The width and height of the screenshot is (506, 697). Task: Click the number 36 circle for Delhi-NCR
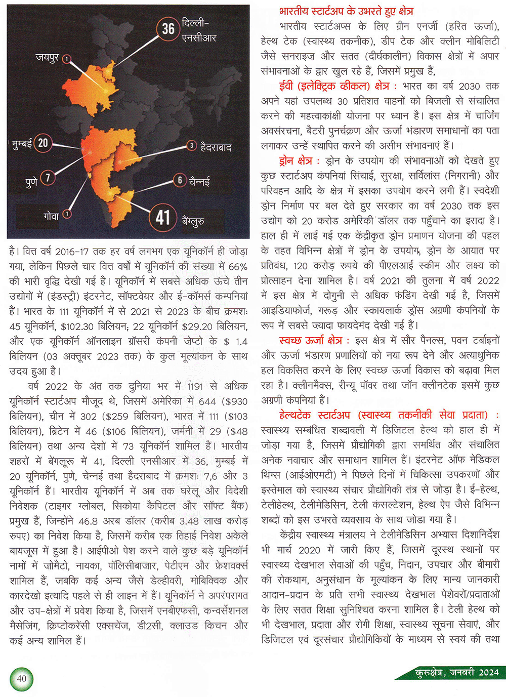pyautogui.click(x=168, y=29)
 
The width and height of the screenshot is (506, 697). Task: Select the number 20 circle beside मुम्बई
pyautogui.click(x=43, y=143)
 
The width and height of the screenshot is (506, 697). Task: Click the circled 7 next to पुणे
pyautogui.click(x=48, y=178)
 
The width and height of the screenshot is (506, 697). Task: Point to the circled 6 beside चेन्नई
pyautogui.click(x=180, y=180)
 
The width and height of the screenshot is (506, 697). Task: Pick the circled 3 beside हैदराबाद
pyautogui.click(x=191, y=146)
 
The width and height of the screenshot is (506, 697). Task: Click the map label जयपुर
pyautogui.click(x=47, y=58)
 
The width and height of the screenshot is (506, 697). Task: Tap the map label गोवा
pyautogui.click(x=51, y=216)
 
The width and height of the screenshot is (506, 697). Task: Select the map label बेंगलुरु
pyautogui.click(x=193, y=221)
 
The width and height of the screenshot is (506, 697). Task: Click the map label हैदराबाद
pyautogui.click(x=216, y=147)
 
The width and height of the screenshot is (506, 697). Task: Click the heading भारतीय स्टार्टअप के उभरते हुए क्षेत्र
pyautogui.click(x=346, y=11)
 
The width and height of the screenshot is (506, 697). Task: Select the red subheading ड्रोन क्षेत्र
pyautogui.click(x=296, y=161)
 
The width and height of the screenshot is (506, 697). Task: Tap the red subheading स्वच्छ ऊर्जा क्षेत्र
pyautogui.click(x=310, y=340)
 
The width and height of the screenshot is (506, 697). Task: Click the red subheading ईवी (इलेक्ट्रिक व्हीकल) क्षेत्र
pyautogui.click(x=332, y=86)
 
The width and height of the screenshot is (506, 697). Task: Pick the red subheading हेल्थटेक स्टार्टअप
pyautogui.click(x=314, y=415)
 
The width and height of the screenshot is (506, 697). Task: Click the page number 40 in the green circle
pyautogui.click(x=21, y=679)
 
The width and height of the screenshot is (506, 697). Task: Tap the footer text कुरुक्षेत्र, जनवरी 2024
pyautogui.click(x=456, y=672)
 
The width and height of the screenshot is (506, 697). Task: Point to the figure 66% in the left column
pyautogui.click(x=238, y=267)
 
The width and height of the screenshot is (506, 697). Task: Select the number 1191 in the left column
pyautogui.click(x=195, y=387)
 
